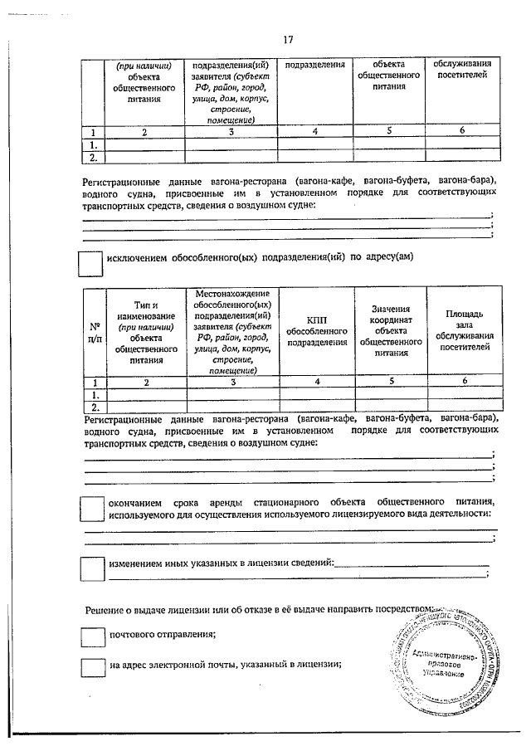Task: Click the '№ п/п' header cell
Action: pos(95,331)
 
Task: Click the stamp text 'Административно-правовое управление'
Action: pos(443,661)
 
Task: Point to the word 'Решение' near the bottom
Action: pos(105,610)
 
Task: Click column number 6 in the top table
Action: pos(463,131)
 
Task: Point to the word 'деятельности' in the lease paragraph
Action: pos(454,514)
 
